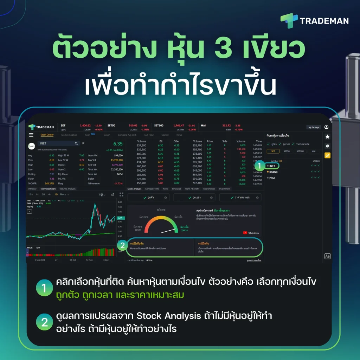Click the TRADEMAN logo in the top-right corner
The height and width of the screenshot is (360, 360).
(x=315, y=21)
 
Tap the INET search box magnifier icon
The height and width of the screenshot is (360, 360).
(x=76, y=143)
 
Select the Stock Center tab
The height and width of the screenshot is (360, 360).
(x=47, y=135)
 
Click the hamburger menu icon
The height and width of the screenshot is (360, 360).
(x=31, y=135)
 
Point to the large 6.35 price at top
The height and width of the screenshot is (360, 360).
(x=118, y=144)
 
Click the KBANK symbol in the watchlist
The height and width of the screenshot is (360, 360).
(x=273, y=172)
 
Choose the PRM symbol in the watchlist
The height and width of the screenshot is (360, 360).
(x=272, y=178)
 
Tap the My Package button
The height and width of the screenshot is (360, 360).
(x=314, y=127)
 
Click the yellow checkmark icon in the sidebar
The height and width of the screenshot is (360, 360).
(x=327, y=155)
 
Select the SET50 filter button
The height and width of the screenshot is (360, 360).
(x=287, y=151)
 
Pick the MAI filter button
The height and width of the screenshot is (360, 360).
(x=313, y=151)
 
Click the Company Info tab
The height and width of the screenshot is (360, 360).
(x=152, y=189)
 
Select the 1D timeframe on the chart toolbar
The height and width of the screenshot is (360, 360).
(x=56, y=194)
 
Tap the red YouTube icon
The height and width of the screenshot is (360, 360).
(x=245, y=233)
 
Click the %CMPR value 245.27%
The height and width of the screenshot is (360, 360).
(x=49, y=184)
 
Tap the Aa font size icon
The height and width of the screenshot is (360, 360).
(x=327, y=256)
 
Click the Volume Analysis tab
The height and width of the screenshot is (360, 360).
(x=67, y=189)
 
